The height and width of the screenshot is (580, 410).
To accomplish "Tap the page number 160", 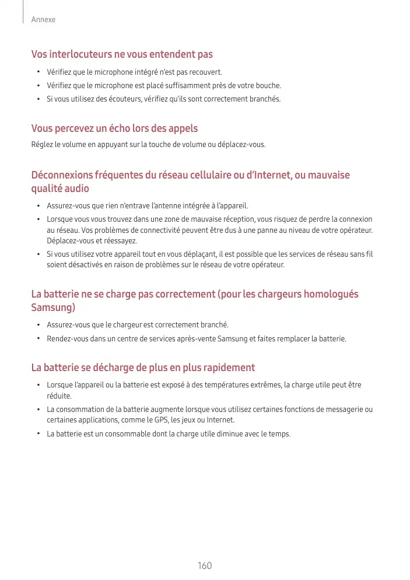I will coord(205,566).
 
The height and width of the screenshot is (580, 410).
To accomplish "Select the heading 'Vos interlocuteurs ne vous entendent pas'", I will coord(122,54).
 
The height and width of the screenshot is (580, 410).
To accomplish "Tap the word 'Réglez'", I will coord(41,144).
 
